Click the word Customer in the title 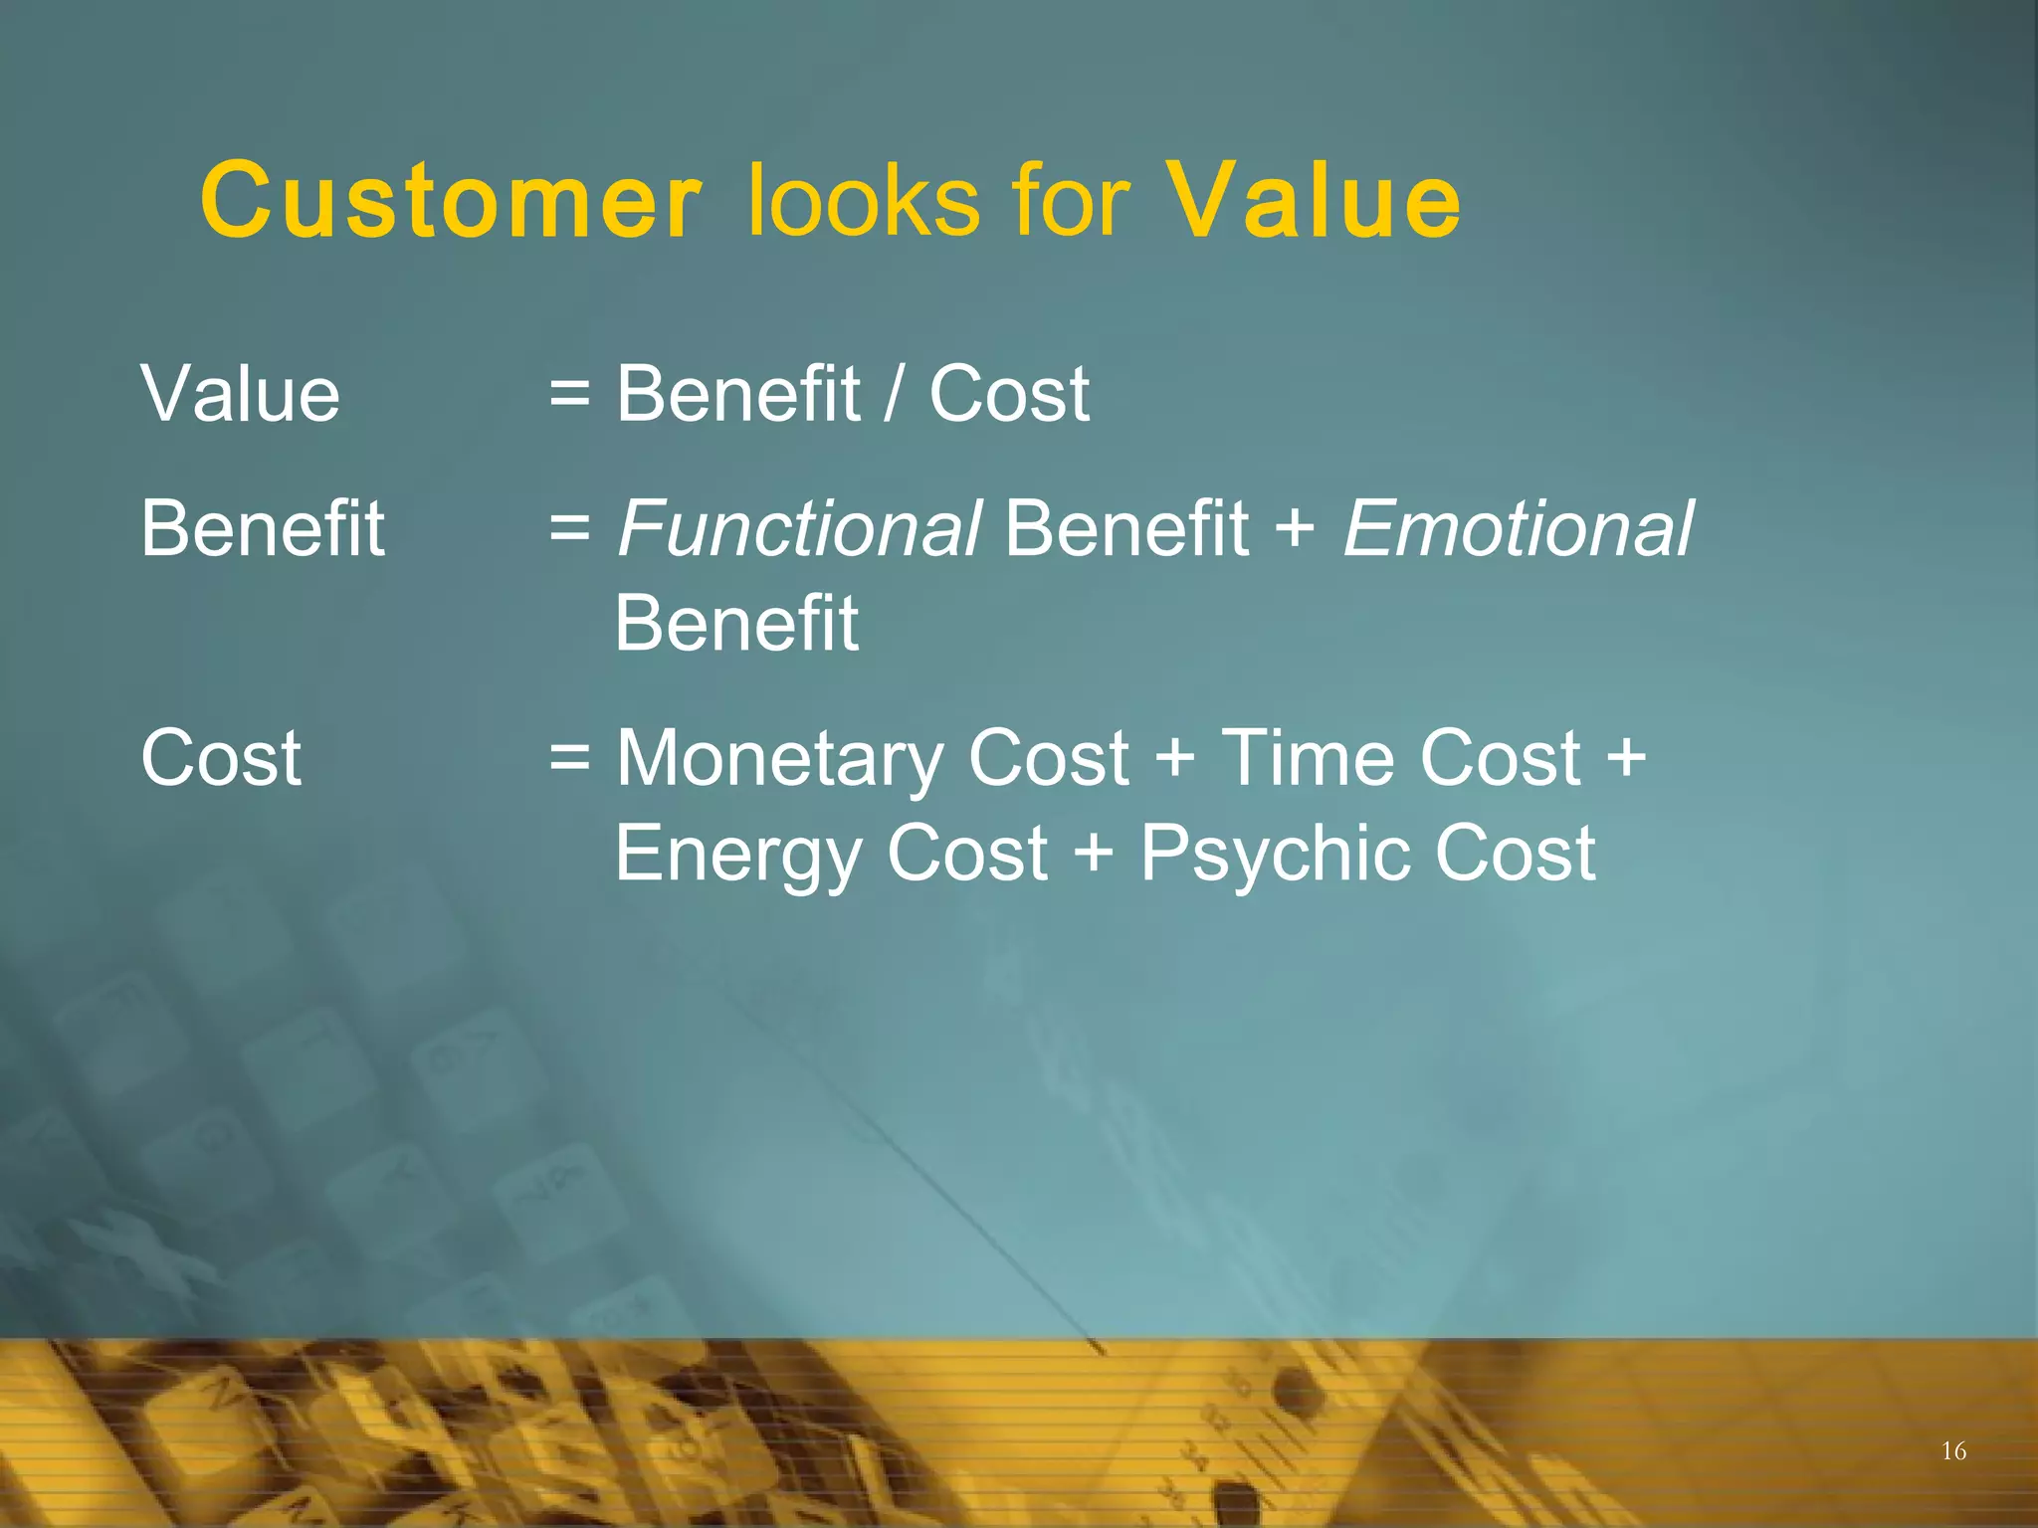point(451,201)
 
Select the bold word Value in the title point(1314,201)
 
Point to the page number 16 point(1953,1451)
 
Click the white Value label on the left point(240,394)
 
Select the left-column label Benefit point(262,528)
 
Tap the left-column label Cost point(221,758)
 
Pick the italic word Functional point(799,528)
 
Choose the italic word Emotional point(1518,528)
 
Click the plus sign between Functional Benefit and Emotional point(1294,530)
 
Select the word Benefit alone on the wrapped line point(736,624)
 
